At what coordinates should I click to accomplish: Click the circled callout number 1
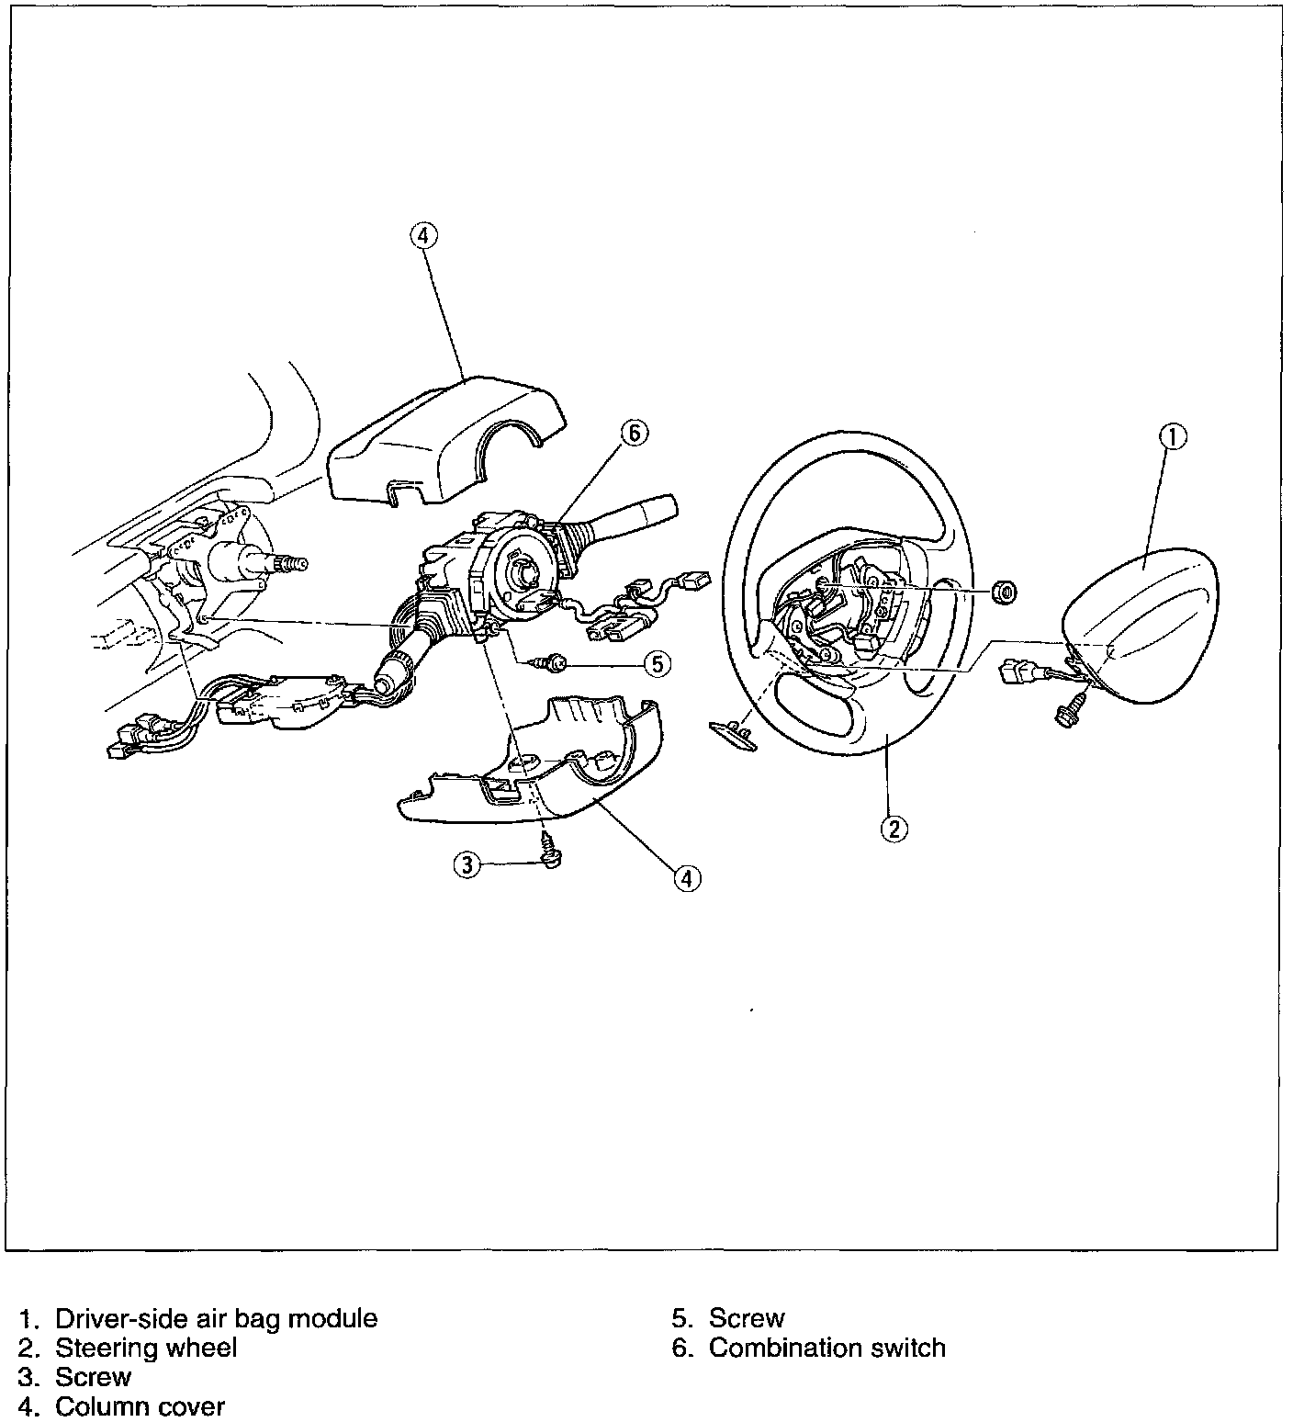pyautogui.click(x=1173, y=437)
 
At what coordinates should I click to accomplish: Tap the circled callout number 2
pyautogui.click(x=894, y=828)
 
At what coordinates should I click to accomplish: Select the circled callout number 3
pyautogui.click(x=467, y=864)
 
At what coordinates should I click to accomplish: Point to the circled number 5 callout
pyautogui.click(x=658, y=662)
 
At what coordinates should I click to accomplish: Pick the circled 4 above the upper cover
pyautogui.click(x=422, y=236)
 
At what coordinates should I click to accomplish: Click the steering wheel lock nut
pyautogui.click(x=1005, y=592)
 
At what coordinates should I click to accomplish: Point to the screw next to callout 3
pyautogui.click(x=550, y=851)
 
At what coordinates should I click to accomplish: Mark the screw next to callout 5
pyautogui.click(x=555, y=662)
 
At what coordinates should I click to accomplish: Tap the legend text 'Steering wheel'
pyautogui.click(x=146, y=1348)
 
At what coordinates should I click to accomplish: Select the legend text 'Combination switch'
pyautogui.click(x=826, y=1348)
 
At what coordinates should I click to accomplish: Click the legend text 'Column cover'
pyautogui.click(x=140, y=1406)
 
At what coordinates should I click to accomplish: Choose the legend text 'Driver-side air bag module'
pyautogui.click(x=216, y=1318)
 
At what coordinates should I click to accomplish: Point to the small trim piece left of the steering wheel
pyautogui.click(x=732, y=732)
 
